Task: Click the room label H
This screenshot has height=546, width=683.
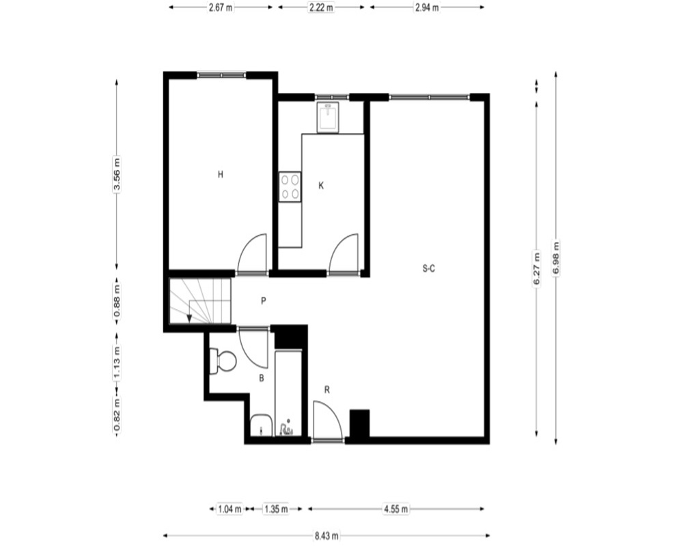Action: click(x=221, y=175)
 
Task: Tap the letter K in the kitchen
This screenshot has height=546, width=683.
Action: click(x=321, y=186)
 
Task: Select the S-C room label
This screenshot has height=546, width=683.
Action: click(x=429, y=269)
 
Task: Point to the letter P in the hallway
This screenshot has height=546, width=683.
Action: click(x=263, y=300)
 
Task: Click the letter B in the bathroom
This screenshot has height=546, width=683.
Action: click(x=262, y=378)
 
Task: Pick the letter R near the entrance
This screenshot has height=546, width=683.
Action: click(x=326, y=390)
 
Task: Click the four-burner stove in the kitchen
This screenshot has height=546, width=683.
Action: click(x=290, y=187)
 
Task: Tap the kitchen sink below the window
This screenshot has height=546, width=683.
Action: click(x=328, y=117)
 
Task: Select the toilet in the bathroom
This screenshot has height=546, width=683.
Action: click(x=223, y=361)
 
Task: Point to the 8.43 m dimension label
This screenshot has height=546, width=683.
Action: click(x=327, y=536)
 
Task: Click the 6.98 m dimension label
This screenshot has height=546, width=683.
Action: click(x=556, y=258)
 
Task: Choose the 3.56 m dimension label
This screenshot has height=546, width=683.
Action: click(x=117, y=174)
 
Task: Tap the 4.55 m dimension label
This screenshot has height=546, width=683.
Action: click(x=395, y=508)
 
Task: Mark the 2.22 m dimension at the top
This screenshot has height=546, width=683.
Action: click(x=322, y=8)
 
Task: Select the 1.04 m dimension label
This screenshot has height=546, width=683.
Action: click(x=230, y=508)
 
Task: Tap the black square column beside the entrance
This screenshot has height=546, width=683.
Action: click(x=360, y=423)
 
